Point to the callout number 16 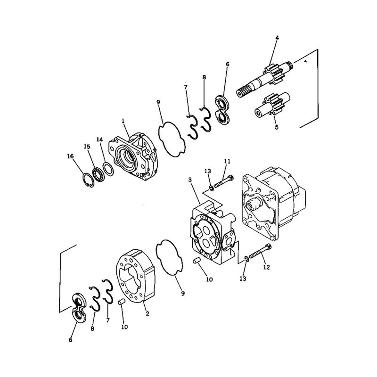click(70, 157)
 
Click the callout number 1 click(123, 121)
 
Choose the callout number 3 click(189, 180)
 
